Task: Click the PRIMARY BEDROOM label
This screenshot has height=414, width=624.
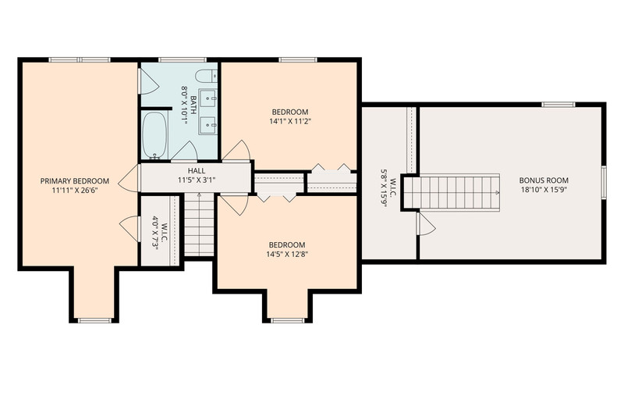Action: click(x=74, y=181)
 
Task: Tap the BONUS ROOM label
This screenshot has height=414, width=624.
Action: click(x=544, y=180)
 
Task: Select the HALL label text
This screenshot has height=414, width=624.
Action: click(x=197, y=171)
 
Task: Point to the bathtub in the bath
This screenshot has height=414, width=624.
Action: click(x=154, y=135)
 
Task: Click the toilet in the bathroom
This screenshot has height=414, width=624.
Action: click(x=207, y=76)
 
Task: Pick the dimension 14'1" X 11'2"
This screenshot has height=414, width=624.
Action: click(x=289, y=121)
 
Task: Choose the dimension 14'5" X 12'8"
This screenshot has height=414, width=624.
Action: click(x=287, y=254)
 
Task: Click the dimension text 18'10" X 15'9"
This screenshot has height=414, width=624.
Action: click(x=544, y=190)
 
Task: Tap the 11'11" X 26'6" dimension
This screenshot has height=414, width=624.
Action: click(x=75, y=190)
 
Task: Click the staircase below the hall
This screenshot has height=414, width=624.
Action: click(x=199, y=224)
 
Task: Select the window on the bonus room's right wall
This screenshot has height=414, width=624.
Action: click(x=603, y=182)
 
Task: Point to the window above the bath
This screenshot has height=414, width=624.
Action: click(x=183, y=60)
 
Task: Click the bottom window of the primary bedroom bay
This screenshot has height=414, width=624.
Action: click(x=95, y=320)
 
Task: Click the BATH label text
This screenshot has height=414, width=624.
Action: click(x=193, y=105)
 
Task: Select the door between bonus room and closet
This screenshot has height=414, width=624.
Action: click(x=425, y=224)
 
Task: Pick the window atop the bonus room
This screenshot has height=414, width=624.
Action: click(x=558, y=105)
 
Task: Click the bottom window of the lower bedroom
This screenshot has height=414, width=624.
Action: click(x=287, y=320)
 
